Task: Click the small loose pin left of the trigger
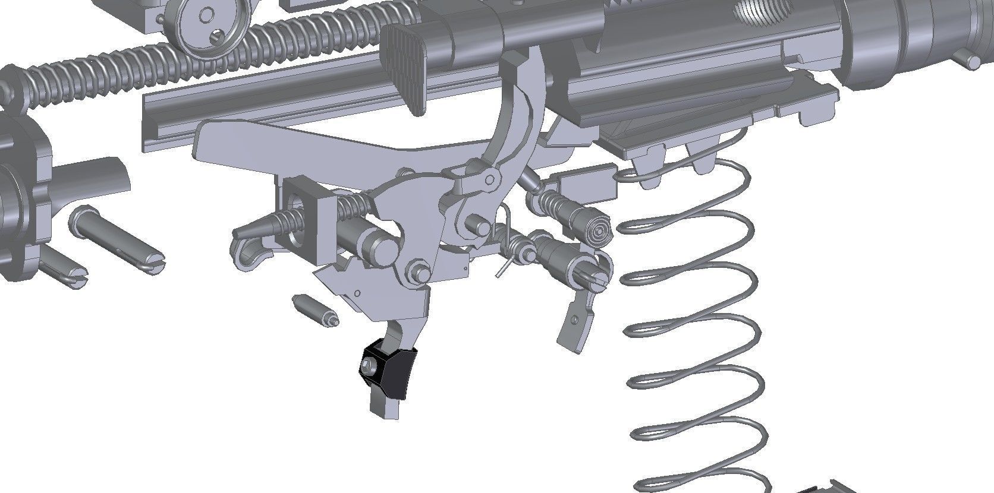pos(315,309)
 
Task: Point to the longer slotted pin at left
pos(116,241)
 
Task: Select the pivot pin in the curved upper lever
pos(490,178)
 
